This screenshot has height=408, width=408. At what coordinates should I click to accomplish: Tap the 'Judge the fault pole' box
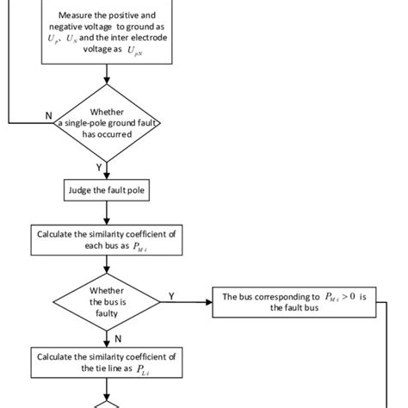[107, 189]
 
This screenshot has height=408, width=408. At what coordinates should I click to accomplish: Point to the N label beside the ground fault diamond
[46, 114]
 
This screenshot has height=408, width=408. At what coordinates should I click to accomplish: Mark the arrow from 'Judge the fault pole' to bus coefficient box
[107, 213]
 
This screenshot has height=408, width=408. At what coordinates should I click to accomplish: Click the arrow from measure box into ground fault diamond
[107, 75]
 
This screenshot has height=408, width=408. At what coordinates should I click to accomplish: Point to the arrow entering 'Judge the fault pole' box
[107, 172]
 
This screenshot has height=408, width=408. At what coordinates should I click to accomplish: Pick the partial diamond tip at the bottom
[107, 402]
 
